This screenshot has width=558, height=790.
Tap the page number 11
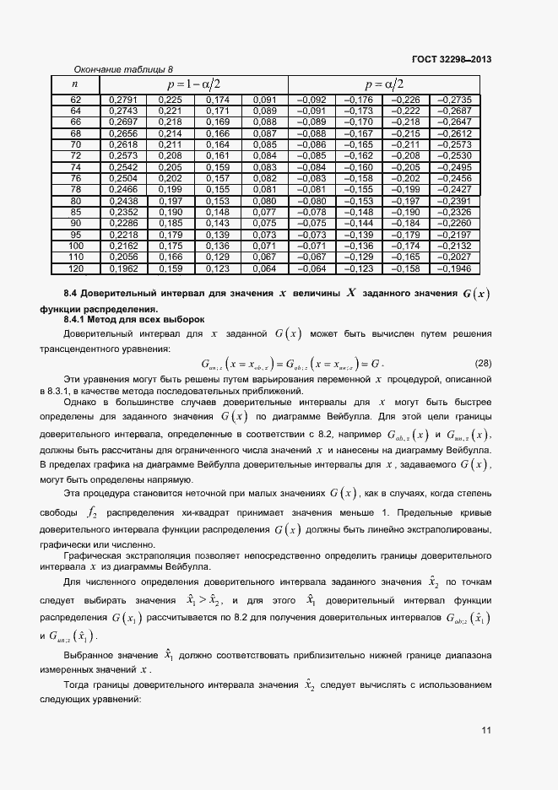tap(485, 730)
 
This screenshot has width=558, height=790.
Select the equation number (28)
tap(483, 364)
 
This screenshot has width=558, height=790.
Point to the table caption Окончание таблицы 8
tap(123, 69)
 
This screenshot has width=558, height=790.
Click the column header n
tap(75, 84)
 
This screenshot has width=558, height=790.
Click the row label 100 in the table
tap(75, 244)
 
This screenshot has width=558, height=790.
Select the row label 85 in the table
tap(75, 212)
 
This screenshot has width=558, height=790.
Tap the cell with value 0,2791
tap(123, 100)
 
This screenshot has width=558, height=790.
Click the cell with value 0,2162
tap(123, 244)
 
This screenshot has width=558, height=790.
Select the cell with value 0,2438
tap(123, 201)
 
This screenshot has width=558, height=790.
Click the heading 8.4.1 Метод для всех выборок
tap(135, 320)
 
